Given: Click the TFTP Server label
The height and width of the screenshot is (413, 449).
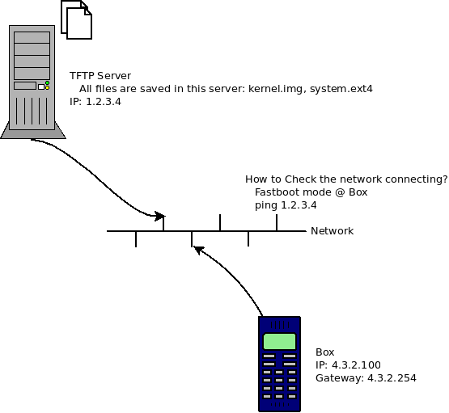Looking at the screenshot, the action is (100, 76).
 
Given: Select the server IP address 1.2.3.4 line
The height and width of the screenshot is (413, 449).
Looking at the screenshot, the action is (95, 102).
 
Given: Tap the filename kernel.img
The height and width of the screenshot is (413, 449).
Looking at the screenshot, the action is (276, 89).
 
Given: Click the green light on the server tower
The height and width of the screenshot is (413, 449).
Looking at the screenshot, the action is (47, 83).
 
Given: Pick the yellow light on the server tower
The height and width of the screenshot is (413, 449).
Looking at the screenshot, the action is (47, 88).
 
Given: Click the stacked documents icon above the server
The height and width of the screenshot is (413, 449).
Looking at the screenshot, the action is (77, 19).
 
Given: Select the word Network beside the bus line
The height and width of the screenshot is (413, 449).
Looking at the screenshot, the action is (333, 231).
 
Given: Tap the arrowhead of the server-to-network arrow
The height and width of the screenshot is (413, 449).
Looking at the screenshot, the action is (160, 216).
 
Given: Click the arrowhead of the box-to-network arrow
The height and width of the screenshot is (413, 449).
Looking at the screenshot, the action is (198, 250).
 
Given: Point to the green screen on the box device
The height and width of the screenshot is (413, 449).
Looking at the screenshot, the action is (279, 341).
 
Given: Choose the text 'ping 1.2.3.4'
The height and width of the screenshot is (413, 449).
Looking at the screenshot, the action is (286, 205).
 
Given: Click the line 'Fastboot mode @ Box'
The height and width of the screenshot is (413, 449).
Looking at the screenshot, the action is (311, 192).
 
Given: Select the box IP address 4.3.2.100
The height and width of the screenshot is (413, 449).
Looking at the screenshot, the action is (357, 365).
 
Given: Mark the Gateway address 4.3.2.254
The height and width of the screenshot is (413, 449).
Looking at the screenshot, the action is (392, 378).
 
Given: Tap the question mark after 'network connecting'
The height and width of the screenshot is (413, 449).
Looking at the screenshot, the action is (445, 179).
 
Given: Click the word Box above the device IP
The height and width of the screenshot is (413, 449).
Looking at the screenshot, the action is (325, 352).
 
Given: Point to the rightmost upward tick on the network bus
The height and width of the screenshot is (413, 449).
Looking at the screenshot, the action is (277, 222).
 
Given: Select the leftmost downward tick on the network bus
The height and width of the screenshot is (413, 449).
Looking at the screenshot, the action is (136, 238).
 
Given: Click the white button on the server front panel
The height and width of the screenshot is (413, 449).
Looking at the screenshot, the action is (41, 86).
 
